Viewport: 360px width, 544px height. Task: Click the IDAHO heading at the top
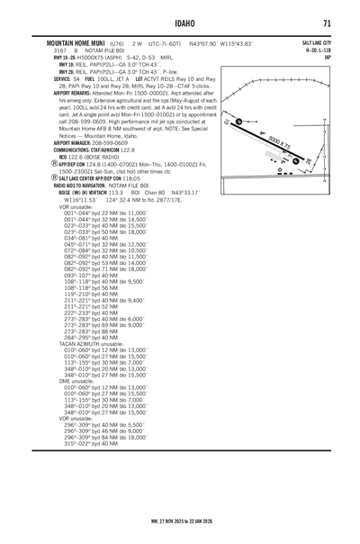tap(180, 23)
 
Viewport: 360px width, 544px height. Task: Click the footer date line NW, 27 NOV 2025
tap(180, 520)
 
